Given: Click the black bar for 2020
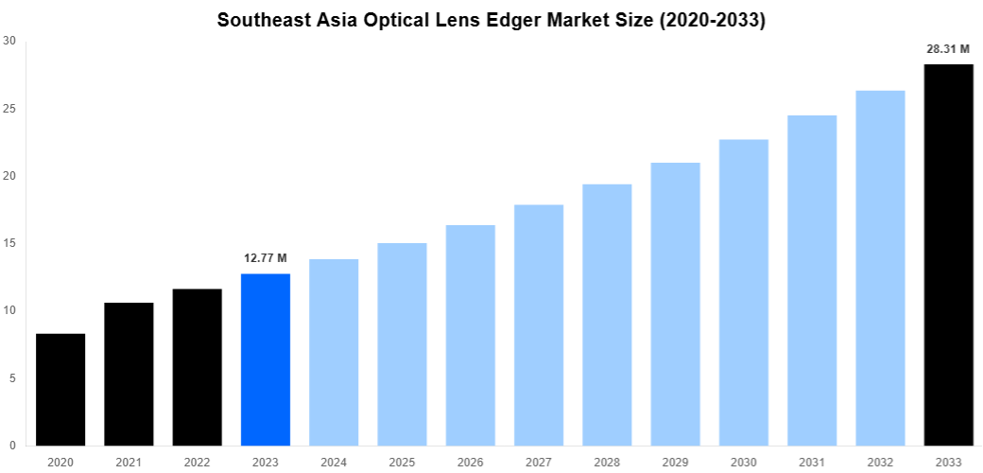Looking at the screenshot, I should tap(60, 389).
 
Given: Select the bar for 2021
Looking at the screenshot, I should tap(129, 374).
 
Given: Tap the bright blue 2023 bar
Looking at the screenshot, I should tap(266, 359).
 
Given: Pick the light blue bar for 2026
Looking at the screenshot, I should tap(471, 335).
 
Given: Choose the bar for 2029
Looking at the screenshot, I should tap(676, 304).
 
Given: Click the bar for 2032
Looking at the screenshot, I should tap(880, 268).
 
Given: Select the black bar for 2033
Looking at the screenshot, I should tap(948, 254).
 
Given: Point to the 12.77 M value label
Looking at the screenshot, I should tap(266, 257).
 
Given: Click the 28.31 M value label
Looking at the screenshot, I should tap(948, 49).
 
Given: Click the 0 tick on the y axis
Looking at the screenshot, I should tap(12, 446).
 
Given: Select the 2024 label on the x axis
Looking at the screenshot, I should tap(334, 462).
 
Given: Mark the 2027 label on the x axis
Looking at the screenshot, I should tap(539, 462).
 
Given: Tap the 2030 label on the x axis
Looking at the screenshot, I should tap(744, 462).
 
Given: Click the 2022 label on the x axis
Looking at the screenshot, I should tap(198, 462).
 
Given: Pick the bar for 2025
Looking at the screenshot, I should tap(402, 344).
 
